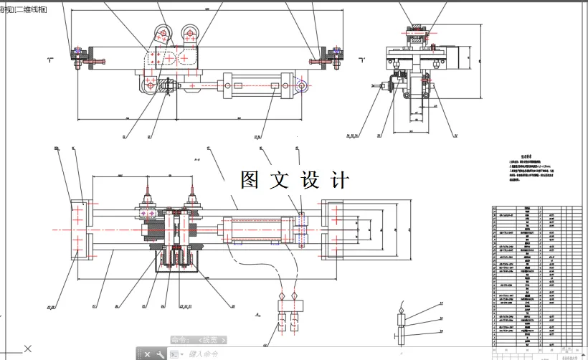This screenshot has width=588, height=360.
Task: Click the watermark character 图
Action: point(250,179)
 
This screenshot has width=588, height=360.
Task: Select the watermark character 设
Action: point(310,179)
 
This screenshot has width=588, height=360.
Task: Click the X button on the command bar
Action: point(148,354)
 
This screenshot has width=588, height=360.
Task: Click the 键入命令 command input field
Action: point(208,354)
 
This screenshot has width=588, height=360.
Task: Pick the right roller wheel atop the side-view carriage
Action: point(191,32)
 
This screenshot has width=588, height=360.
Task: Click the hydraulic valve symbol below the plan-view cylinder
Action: point(286,313)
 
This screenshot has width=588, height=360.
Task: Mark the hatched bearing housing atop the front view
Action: point(415,32)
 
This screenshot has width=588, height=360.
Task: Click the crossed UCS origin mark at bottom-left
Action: point(27,349)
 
